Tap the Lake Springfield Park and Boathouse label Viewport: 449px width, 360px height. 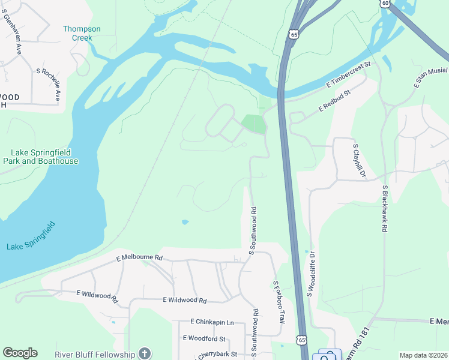[40, 157]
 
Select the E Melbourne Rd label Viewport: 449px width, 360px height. [139, 257]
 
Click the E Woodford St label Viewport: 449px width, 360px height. [204, 338]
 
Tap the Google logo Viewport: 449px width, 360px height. [20, 353]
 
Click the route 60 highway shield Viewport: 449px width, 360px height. [384, 3]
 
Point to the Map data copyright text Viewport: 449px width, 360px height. [423, 355]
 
